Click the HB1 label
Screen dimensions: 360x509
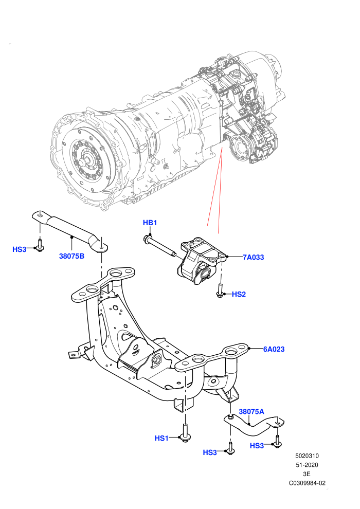click(x=150, y=223)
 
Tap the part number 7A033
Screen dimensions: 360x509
click(x=253, y=258)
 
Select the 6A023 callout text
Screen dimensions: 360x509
click(x=274, y=349)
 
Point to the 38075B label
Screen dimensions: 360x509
click(x=71, y=256)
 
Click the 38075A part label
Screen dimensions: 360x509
click(x=251, y=412)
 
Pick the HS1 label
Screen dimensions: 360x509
click(x=161, y=438)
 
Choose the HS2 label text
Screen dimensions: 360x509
click(x=239, y=295)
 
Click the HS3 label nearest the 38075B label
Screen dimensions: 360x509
click(x=19, y=249)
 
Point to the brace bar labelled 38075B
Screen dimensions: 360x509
click(x=70, y=229)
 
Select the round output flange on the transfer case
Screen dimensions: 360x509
click(x=240, y=149)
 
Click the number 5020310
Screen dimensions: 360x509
click(x=307, y=456)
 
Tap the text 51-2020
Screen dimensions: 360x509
click(x=307, y=465)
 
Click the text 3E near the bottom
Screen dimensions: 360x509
click(x=307, y=474)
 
